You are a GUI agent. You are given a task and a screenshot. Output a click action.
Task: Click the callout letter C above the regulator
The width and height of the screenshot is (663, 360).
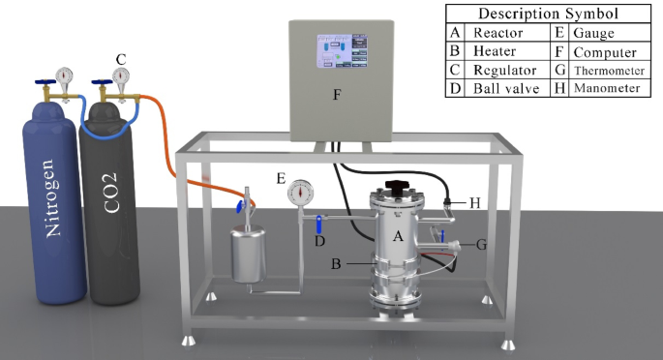(120, 59)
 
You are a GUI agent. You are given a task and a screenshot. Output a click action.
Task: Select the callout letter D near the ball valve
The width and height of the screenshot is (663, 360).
(319, 241)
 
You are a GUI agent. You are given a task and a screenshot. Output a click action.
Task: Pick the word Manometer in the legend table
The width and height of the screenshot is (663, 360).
(606, 87)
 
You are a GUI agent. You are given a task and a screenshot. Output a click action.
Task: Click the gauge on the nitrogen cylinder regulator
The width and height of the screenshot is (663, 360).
(64, 75)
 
